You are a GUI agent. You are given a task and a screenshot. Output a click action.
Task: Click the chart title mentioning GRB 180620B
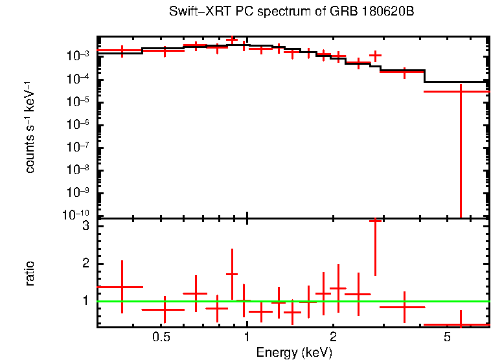point(291,12)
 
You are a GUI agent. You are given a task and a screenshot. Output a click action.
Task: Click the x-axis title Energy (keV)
point(294,352)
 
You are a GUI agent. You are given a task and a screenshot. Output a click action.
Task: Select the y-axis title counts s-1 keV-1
point(30,127)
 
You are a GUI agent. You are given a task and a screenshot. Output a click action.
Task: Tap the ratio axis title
point(30,273)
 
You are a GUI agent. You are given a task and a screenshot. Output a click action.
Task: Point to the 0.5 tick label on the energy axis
point(161,338)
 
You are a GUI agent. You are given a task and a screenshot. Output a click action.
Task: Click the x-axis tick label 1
point(247,338)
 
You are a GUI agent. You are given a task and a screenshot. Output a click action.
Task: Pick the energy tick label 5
point(447,338)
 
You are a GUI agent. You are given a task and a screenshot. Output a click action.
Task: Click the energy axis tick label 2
point(333,338)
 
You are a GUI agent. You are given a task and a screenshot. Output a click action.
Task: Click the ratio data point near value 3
point(374,221)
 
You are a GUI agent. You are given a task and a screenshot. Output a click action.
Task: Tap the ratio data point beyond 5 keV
point(461,324)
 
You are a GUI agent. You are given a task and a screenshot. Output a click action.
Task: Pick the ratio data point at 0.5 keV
point(165,309)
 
